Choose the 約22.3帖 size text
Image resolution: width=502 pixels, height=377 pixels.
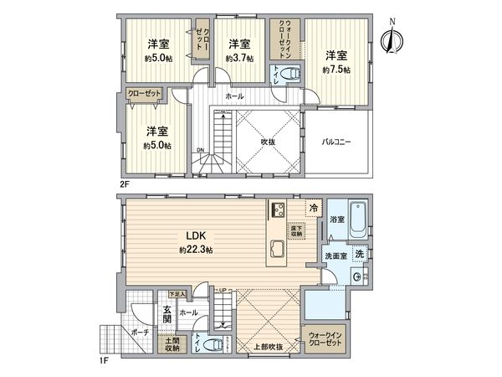pyautogui.click(x=194, y=250)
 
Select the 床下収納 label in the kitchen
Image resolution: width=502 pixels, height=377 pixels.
pyautogui.click(x=296, y=228)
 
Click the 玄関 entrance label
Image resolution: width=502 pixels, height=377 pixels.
pyautogui.click(x=166, y=314)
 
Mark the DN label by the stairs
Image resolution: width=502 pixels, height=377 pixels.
pyautogui.click(x=200, y=151)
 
